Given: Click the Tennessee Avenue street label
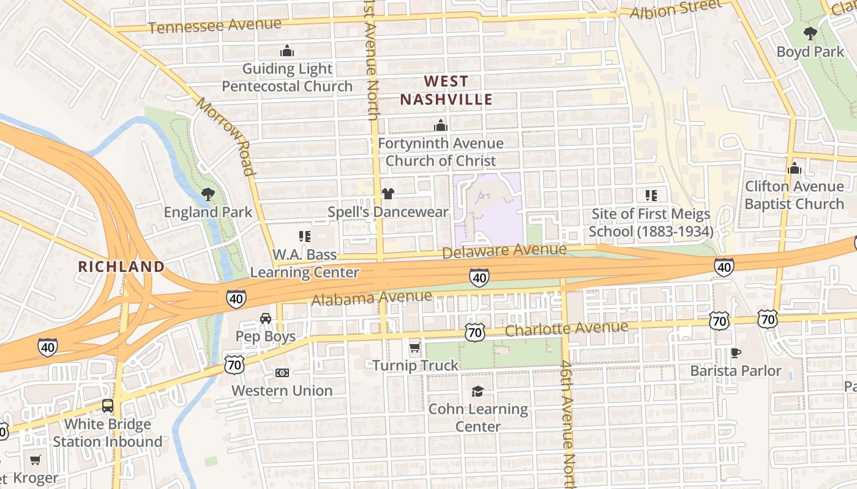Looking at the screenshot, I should point(214,26).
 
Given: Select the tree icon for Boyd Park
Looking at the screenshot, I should point(810,34).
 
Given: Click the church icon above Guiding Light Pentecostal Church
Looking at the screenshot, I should point(286,50).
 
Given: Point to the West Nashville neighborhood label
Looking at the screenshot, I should point(446,90).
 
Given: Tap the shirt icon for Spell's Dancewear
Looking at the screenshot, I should point(387,194).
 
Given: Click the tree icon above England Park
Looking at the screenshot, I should point(208,194).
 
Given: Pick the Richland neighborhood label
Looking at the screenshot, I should point(122,267).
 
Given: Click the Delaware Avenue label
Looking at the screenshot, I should point(504,251).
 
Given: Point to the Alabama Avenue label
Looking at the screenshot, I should point(372,298).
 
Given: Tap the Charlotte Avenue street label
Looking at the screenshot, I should point(567,329).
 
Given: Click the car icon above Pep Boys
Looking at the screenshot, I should point(266,318).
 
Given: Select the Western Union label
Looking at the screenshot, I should point(282,391).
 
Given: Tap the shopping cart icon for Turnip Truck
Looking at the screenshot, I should point(414,348).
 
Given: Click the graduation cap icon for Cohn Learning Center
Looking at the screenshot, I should point(477,391).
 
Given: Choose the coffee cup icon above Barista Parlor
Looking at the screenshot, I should point(736,353).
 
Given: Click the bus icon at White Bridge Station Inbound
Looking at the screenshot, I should point(108,406).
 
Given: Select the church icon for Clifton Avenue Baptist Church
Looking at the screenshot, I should point(795,168).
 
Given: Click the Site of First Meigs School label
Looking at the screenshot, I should point(651,222).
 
